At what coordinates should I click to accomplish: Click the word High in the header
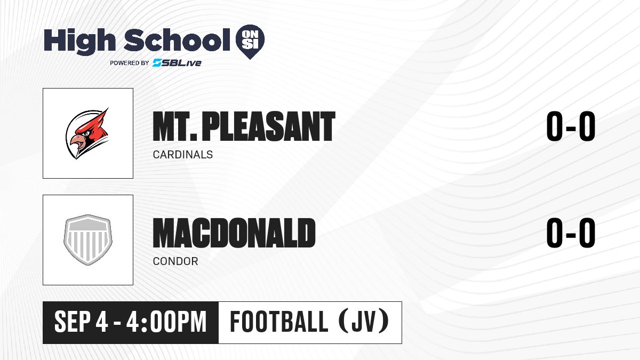tap(79, 41)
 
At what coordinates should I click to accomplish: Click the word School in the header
tap(177, 39)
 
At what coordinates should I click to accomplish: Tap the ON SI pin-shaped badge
tap(250, 41)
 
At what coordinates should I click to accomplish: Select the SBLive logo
tap(177, 63)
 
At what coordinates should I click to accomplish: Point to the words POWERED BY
tap(130, 63)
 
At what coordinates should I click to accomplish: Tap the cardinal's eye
tap(86, 133)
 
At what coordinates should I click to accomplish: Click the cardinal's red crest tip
tap(108, 108)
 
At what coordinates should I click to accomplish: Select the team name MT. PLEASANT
tap(244, 126)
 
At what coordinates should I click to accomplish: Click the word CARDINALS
tap(183, 155)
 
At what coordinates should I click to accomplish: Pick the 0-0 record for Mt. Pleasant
tap(571, 126)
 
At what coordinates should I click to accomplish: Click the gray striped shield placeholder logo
tap(88, 239)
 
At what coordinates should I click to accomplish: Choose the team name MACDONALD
tap(234, 233)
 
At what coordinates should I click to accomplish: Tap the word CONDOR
tap(175, 261)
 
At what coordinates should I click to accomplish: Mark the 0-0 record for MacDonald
tap(571, 233)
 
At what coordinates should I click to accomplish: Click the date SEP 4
tap(81, 322)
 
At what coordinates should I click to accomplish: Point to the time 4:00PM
tap(166, 322)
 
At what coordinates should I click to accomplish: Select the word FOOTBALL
tap(279, 322)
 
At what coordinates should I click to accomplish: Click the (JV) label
tap(364, 322)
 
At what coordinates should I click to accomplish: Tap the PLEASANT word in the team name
tap(269, 126)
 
